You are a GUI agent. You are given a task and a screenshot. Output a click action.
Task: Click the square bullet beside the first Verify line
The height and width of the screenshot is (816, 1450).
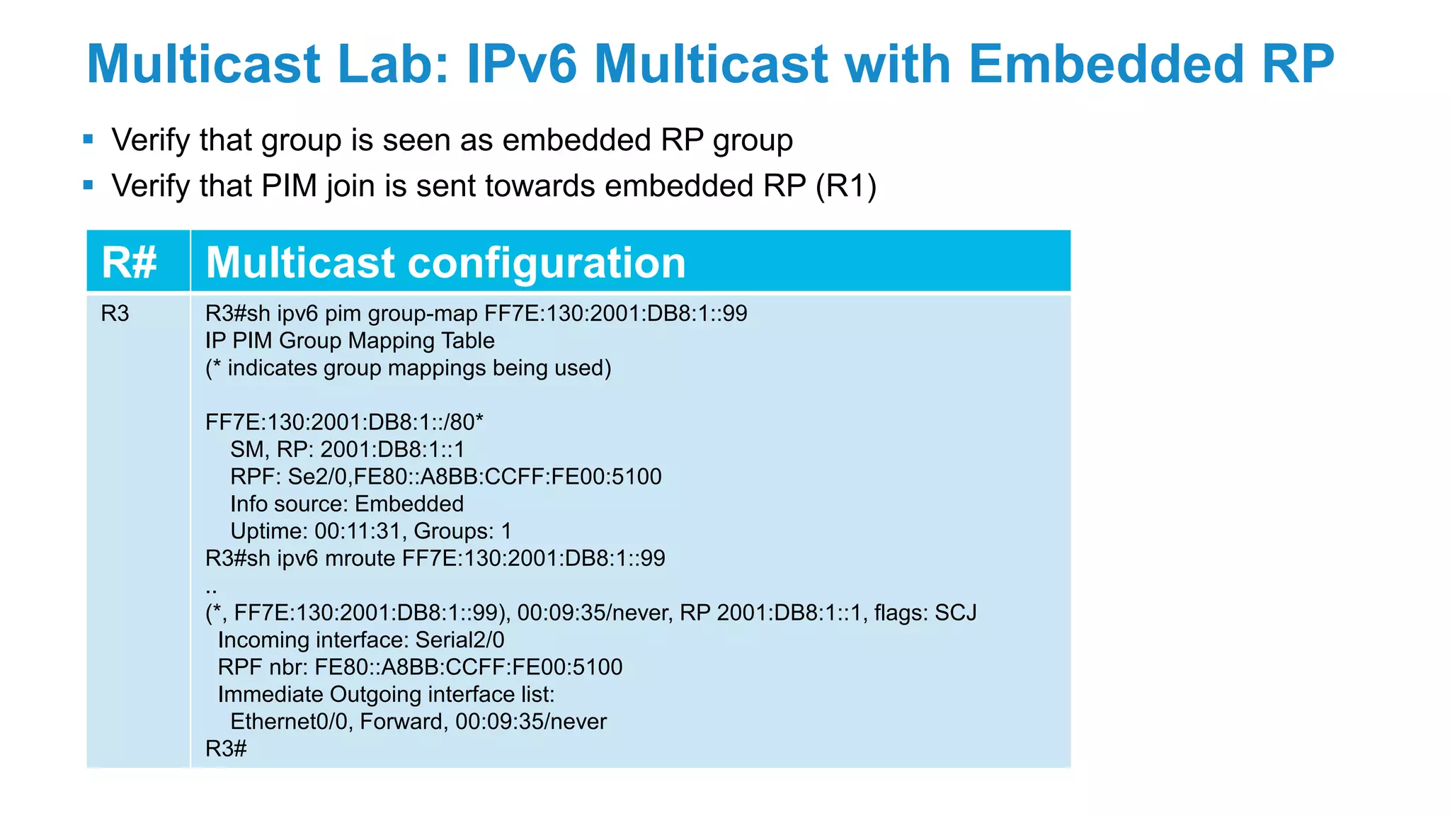[x=89, y=140]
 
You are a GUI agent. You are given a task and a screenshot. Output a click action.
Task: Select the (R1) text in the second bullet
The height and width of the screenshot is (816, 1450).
[x=846, y=186]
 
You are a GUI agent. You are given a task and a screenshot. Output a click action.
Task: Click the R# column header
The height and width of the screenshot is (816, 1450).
[x=130, y=262]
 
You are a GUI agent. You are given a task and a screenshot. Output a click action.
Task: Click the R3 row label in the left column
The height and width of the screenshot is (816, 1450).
[x=115, y=313]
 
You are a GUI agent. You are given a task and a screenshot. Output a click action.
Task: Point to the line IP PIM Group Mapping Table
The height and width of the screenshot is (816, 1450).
[x=350, y=341]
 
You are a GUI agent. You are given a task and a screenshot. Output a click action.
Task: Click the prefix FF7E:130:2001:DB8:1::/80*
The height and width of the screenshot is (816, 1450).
[x=344, y=422]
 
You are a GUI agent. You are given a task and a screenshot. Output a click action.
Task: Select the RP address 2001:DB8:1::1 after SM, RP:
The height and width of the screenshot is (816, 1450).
[x=392, y=450]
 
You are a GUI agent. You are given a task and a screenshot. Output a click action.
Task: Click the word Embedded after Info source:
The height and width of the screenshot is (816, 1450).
[x=409, y=504]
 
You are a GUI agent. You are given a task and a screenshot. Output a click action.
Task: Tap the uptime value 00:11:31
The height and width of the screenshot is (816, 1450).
[x=358, y=531]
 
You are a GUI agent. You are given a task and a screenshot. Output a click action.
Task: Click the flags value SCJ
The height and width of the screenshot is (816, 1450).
[x=956, y=613]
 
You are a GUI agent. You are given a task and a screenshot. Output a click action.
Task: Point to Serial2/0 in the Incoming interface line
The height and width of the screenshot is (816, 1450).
[x=459, y=640]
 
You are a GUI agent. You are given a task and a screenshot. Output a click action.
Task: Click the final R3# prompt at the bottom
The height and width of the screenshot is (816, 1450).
[x=226, y=749]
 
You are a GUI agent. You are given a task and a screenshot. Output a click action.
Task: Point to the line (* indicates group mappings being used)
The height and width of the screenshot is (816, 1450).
[x=409, y=368]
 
